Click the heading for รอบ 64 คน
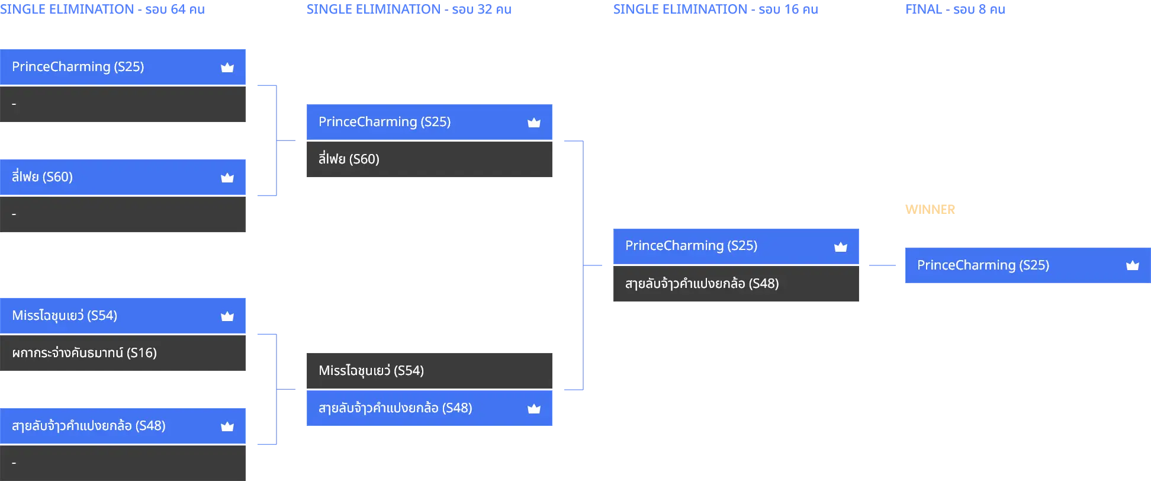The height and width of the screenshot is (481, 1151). (102, 9)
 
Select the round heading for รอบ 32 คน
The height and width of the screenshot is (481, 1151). (409, 9)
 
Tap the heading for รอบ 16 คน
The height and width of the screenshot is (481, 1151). (716, 9)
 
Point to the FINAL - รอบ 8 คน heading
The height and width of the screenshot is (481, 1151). (955, 9)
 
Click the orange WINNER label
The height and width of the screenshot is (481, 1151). (930, 210)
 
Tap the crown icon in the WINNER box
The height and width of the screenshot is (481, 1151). (1132, 265)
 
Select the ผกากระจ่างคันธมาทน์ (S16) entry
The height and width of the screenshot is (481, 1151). (123, 353)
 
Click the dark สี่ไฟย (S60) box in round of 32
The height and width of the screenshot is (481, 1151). (429, 159)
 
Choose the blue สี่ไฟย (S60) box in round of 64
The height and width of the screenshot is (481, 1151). (123, 177)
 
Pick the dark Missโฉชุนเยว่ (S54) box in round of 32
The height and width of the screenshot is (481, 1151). (429, 371)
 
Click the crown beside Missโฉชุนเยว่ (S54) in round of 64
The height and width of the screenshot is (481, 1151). (227, 316)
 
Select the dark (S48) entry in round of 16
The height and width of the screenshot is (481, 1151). (736, 284)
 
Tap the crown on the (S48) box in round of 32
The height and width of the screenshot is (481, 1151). (534, 409)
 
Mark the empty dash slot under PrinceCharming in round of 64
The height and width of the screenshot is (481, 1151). (123, 104)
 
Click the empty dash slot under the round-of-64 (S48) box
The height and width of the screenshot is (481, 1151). (123, 463)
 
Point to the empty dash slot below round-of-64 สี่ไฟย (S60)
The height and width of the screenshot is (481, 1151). (123, 214)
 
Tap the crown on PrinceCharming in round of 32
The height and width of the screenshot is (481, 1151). (534, 123)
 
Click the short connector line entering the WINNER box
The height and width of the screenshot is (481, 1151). (882, 265)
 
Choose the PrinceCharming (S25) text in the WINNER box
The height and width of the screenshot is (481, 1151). (983, 265)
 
